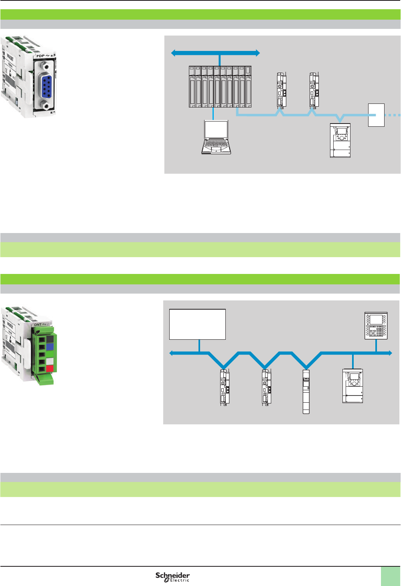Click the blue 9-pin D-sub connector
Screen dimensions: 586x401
point(46,86)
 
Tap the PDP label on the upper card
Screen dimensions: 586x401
point(41,56)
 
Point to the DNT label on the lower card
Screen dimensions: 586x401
point(38,324)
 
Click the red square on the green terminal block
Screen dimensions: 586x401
point(50,368)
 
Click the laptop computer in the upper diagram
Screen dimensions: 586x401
point(216,137)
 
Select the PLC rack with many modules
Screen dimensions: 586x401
point(220,87)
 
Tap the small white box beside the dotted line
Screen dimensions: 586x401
point(376,115)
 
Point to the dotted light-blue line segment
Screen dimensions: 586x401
point(393,115)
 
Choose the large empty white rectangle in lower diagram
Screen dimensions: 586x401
point(197,324)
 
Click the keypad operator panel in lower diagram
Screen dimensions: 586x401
point(376,326)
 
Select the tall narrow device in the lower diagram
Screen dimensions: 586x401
point(306,391)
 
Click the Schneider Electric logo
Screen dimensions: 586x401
point(172,577)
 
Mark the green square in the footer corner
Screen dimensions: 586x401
point(390,576)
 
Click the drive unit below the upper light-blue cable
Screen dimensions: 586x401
point(340,140)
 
